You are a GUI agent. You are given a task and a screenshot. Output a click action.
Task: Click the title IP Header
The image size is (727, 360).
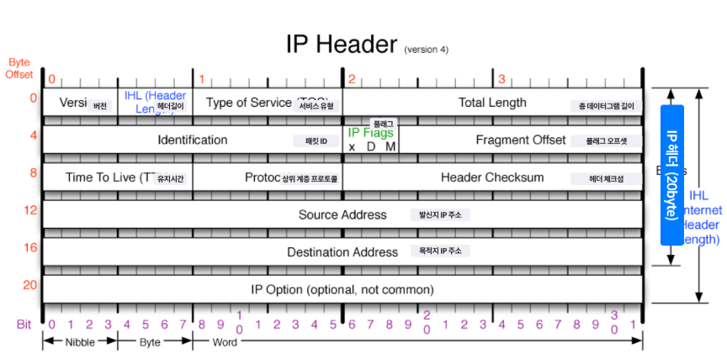(342, 45)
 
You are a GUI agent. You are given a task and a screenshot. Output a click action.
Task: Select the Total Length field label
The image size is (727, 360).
(492, 103)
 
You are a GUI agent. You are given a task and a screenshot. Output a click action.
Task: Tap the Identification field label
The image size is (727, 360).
(192, 140)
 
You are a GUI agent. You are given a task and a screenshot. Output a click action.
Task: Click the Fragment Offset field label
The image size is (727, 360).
(520, 140)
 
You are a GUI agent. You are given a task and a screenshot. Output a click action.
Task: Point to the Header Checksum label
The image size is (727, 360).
(492, 177)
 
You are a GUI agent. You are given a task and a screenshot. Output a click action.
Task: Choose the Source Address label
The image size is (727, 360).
(342, 214)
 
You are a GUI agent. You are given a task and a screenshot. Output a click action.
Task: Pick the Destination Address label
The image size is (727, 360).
(342, 251)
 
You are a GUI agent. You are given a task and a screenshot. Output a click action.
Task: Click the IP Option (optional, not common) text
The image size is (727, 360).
(342, 289)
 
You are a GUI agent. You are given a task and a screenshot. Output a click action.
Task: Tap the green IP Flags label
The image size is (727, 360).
(370, 133)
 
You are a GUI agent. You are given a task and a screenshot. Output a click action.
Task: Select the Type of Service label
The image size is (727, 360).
(249, 103)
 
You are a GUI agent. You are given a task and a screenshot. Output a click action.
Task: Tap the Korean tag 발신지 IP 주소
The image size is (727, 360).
(440, 214)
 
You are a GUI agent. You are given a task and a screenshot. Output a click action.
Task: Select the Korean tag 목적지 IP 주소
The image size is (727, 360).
(440, 251)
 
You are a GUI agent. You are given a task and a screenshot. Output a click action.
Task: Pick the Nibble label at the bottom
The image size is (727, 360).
(80, 342)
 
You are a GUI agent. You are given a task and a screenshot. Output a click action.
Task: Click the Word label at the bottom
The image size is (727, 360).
(224, 342)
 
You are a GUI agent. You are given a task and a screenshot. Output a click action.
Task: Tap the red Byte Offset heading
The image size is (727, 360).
(19, 68)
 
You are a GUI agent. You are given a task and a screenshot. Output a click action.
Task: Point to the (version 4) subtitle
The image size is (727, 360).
(427, 49)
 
